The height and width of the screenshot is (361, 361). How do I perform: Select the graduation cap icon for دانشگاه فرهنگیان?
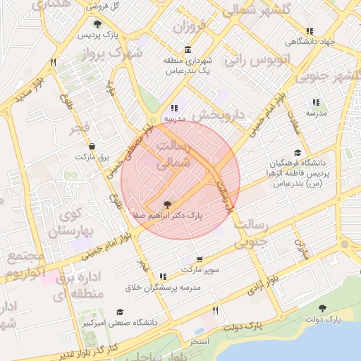(x=298, y=152)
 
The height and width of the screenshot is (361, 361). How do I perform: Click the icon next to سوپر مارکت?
(x=164, y=276)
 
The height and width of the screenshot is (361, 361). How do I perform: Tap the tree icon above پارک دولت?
(x=322, y=307)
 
